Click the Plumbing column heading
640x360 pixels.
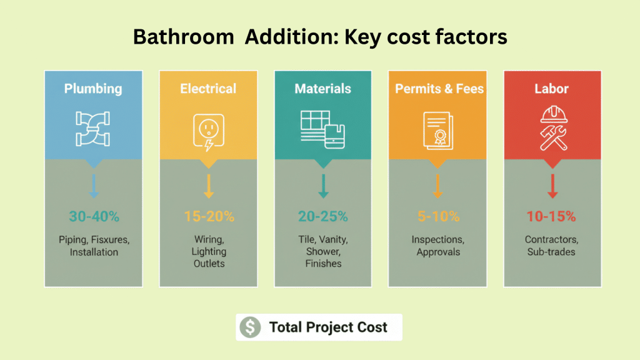pyautogui.click(x=93, y=89)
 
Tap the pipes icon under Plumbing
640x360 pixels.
pyautogui.click(x=93, y=127)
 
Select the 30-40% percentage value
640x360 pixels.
pyautogui.click(x=94, y=217)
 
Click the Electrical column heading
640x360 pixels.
pyautogui.click(x=208, y=89)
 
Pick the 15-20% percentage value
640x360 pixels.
pyautogui.click(x=209, y=217)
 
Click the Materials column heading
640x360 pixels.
pyautogui.click(x=323, y=89)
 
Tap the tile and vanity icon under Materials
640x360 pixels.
pyautogui.click(x=322, y=128)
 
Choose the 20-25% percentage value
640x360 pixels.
pyautogui.click(x=323, y=217)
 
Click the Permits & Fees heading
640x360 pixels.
pyautogui.click(x=439, y=89)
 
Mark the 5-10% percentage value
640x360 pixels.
pyautogui.click(x=438, y=217)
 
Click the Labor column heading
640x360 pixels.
pyautogui.click(x=552, y=89)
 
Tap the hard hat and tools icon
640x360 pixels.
pyautogui.click(x=553, y=128)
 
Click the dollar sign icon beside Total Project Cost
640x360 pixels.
pyautogui.click(x=250, y=327)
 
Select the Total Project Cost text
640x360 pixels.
pyautogui.click(x=328, y=327)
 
